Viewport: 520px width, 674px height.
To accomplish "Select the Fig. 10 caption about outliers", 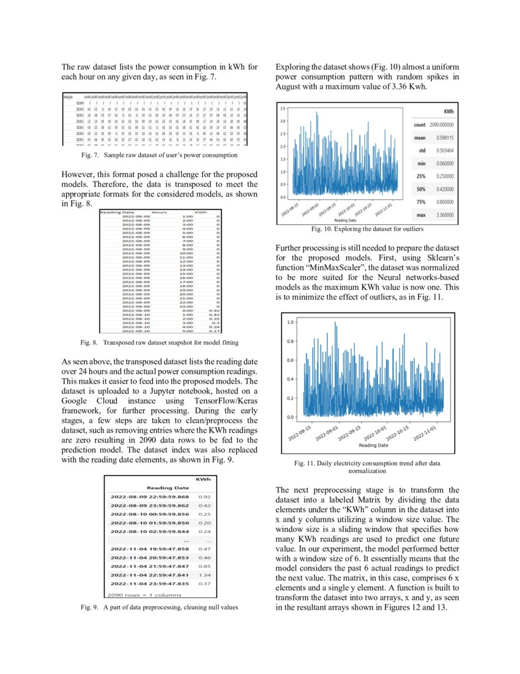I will click(366, 229).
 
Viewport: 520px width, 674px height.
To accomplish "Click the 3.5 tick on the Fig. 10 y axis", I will click(283, 108).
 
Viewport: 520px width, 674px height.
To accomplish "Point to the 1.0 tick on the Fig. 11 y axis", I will click(291, 322).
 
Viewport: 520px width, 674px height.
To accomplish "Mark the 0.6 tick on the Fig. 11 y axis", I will click(291, 360).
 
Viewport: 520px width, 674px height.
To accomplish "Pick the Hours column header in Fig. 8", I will click(160, 212).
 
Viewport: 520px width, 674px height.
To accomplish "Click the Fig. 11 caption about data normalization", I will click(366, 468).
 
